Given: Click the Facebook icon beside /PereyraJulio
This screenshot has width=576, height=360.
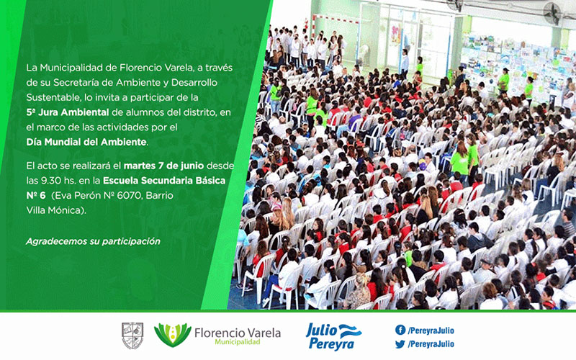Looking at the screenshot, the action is coord(400,330).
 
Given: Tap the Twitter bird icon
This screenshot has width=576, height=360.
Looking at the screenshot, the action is coord(400,344).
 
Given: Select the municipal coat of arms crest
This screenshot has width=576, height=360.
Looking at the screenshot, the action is coord(132,336).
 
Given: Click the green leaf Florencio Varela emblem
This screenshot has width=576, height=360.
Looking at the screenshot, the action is coord(172,335).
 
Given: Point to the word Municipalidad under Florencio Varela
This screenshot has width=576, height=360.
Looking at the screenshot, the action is coord(238,343).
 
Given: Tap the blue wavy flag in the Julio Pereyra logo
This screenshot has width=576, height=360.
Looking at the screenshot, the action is coord(350,331).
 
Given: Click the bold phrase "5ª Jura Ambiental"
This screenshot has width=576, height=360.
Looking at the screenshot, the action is coord(68,112).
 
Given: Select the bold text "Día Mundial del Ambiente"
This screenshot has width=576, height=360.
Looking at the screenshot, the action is coord(86,142).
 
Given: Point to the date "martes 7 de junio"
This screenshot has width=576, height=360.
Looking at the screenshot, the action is coord(164,166).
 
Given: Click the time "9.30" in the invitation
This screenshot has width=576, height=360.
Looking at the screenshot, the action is coord(45,181).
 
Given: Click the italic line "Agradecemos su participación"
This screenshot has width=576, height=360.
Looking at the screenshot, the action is coord(93,241).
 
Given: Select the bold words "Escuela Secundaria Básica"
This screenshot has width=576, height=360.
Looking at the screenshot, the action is coord(164,181).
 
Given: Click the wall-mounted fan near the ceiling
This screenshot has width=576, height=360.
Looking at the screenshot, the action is coord(552,13).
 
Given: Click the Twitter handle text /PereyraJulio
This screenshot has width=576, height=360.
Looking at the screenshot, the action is coord(431,344).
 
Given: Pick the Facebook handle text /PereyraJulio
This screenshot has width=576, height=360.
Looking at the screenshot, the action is coord(431,330).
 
